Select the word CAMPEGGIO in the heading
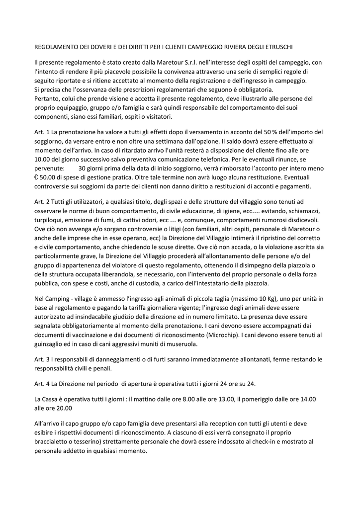coord(200,47)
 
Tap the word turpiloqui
coord(51,220)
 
